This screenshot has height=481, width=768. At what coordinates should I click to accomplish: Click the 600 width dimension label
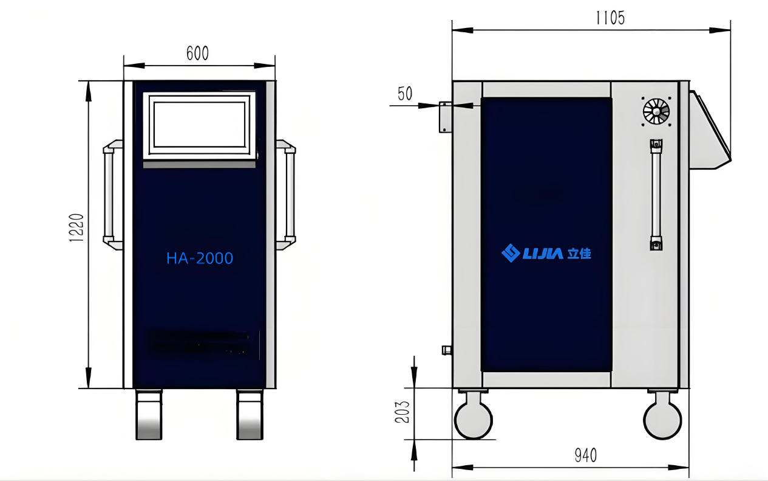pyautogui.click(x=197, y=54)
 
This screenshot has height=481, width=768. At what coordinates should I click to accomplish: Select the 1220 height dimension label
pyautogui.click(x=76, y=227)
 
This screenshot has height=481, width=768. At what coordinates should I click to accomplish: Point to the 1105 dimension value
pyautogui.click(x=610, y=18)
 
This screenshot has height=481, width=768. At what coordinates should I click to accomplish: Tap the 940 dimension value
pyautogui.click(x=586, y=455)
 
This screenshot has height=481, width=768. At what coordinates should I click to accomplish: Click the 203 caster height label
pyautogui.click(x=403, y=412)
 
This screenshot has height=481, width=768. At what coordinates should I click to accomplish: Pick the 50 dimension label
pyautogui.click(x=405, y=94)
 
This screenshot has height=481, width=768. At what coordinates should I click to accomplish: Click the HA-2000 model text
pyautogui.click(x=200, y=258)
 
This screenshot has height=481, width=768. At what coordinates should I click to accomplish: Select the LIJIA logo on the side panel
pyautogui.click(x=546, y=254)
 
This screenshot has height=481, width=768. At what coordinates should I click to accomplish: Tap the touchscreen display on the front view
pyautogui.click(x=199, y=126)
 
